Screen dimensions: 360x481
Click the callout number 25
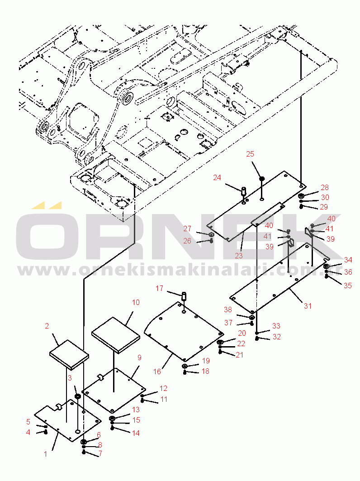pos(250,154)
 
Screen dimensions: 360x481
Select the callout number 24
pos(217,177)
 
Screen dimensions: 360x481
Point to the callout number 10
pos(136,302)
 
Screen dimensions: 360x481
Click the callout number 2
pos(47,325)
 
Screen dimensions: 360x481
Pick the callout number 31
pos(308,306)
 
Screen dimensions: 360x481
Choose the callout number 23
pos(238,255)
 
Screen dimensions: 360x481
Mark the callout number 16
pos(157,371)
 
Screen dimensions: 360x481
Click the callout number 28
pos(325,187)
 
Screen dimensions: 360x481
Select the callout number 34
pos(348,260)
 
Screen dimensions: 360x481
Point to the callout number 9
pos(139,357)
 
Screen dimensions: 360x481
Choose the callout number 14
pos(136,433)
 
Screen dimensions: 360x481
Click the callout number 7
pos(100,453)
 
